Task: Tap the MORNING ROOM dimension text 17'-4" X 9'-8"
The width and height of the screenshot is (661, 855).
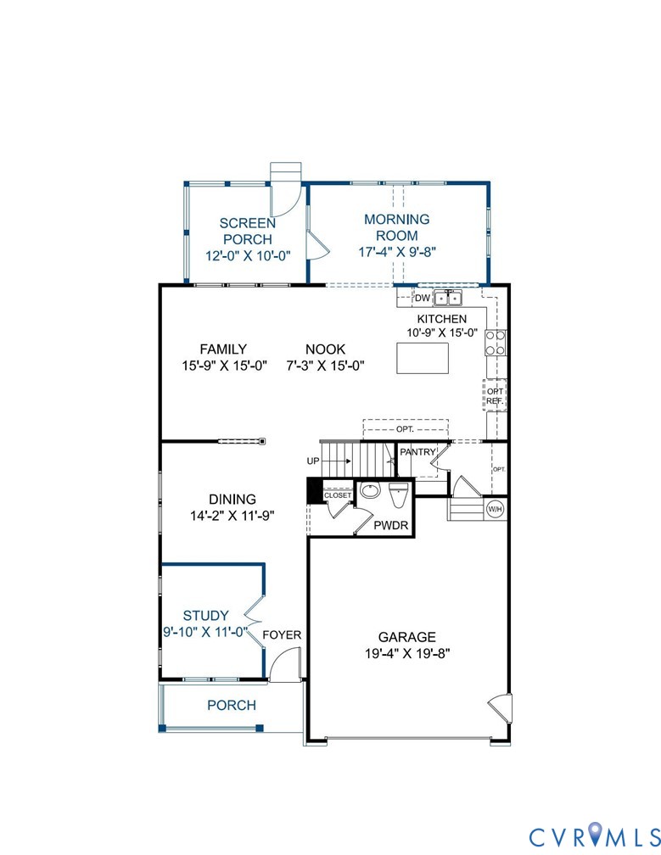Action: click(x=396, y=251)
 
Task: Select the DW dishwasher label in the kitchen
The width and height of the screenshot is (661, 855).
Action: click(x=422, y=299)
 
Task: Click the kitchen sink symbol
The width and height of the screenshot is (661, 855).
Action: click(x=447, y=298)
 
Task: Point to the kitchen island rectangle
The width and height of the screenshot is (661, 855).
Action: click(x=422, y=358)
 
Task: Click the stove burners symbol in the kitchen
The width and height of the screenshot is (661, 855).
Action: click(x=495, y=342)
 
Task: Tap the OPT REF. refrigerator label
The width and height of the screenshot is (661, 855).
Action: click(x=495, y=396)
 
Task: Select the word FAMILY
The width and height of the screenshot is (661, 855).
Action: click(x=223, y=349)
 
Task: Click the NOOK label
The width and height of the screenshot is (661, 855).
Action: click(x=326, y=349)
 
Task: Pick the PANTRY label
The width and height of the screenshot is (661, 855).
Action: click(x=417, y=453)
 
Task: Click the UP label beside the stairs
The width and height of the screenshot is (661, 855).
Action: click(x=313, y=461)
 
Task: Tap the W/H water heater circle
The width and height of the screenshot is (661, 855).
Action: click(x=494, y=509)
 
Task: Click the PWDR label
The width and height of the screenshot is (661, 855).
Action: click(x=392, y=527)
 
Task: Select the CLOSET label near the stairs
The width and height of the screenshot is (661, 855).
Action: click(x=337, y=495)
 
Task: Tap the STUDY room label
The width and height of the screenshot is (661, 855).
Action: click(x=206, y=616)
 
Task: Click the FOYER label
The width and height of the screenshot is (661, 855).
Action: click(x=281, y=634)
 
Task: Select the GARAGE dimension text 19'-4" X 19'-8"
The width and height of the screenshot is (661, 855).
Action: click(x=406, y=653)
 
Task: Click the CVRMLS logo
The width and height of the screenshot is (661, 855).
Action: click(x=591, y=835)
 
